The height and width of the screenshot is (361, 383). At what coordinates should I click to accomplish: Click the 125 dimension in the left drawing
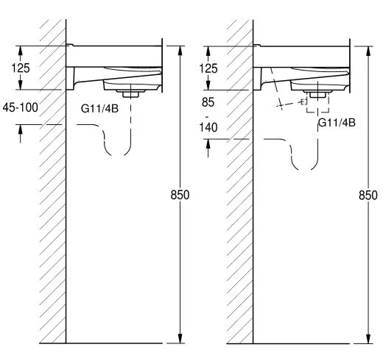click(21, 68)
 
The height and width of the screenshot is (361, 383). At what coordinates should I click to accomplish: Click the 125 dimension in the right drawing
click(208, 68)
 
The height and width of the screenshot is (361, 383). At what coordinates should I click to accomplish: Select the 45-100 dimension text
click(21, 107)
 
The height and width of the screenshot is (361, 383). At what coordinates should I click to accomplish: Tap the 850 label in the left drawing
click(180, 195)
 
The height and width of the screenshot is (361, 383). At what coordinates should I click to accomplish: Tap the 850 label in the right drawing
click(368, 196)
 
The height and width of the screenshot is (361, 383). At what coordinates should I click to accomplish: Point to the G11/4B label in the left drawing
click(99, 109)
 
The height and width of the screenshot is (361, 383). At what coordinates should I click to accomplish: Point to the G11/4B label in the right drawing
click(337, 123)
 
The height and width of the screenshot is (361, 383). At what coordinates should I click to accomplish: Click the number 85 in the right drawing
click(208, 102)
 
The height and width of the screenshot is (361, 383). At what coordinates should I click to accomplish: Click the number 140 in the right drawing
click(208, 127)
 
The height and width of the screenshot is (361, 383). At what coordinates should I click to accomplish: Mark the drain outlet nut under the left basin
click(130, 93)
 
